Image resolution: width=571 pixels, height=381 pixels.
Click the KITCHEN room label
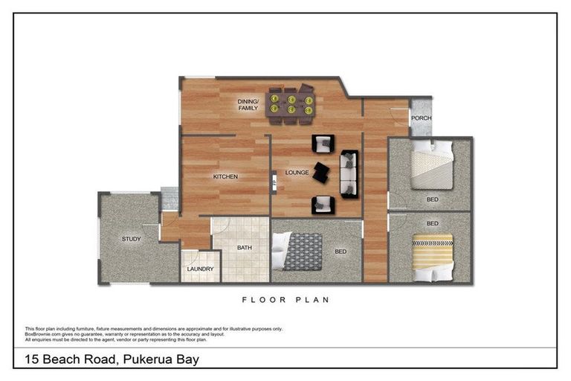click(x=225, y=176)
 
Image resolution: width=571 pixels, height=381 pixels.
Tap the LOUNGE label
click(x=296, y=173)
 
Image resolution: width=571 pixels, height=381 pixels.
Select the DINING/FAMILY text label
click(x=248, y=105)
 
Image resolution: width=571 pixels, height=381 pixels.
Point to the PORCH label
click(x=421, y=118)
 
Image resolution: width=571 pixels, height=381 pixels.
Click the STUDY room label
click(x=131, y=239)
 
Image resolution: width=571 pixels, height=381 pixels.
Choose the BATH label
click(x=244, y=248)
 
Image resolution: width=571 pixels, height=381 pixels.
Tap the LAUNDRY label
click(x=200, y=269)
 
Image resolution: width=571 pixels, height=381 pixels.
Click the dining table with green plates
click(x=291, y=104)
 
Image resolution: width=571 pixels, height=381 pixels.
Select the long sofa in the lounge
click(x=349, y=173)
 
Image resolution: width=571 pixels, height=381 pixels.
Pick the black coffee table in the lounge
click(x=320, y=172)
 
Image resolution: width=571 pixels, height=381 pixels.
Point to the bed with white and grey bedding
click(x=430, y=165)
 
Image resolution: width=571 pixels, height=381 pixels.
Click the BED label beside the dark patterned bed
click(x=340, y=252)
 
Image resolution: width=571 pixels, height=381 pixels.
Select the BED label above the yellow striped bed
click(x=432, y=223)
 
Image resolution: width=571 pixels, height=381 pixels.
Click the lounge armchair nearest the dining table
click(x=322, y=143)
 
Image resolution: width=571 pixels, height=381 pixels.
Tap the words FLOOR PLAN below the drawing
click(x=285, y=300)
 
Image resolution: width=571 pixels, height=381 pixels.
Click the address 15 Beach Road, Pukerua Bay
click(x=111, y=360)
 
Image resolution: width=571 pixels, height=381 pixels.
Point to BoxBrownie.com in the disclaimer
click(x=42, y=334)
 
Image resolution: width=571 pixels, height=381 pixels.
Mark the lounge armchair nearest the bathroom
click(x=322, y=203)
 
